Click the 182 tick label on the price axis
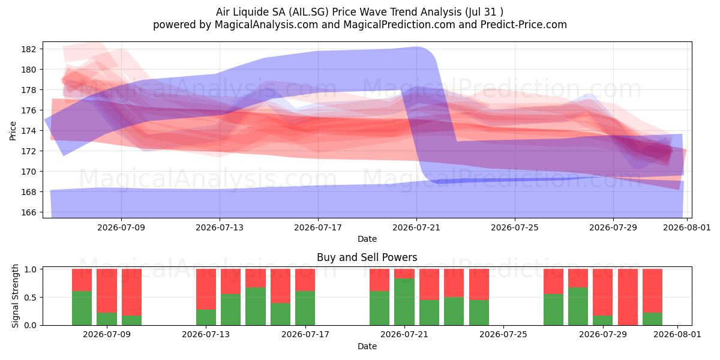tap(28, 49)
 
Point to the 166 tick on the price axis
tap(28, 212)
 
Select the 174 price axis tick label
tap(28, 131)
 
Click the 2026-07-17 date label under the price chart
tap(318, 227)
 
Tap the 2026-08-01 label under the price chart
tap(687, 227)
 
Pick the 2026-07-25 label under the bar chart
tap(503, 335)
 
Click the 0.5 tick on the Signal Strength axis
tap(30, 298)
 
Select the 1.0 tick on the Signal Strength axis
tap(30, 269)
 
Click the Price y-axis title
tap(13, 131)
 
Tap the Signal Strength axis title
tap(15, 296)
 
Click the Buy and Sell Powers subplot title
tap(367, 257)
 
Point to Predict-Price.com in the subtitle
tap(524, 25)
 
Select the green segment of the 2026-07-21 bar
tap(404, 302)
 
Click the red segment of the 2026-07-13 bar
tap(206, 289)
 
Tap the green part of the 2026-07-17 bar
tap(305, 308)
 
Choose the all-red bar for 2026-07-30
tap(628, 297)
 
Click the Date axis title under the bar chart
tap(367, 346)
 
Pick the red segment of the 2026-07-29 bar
tap(602, 292)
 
